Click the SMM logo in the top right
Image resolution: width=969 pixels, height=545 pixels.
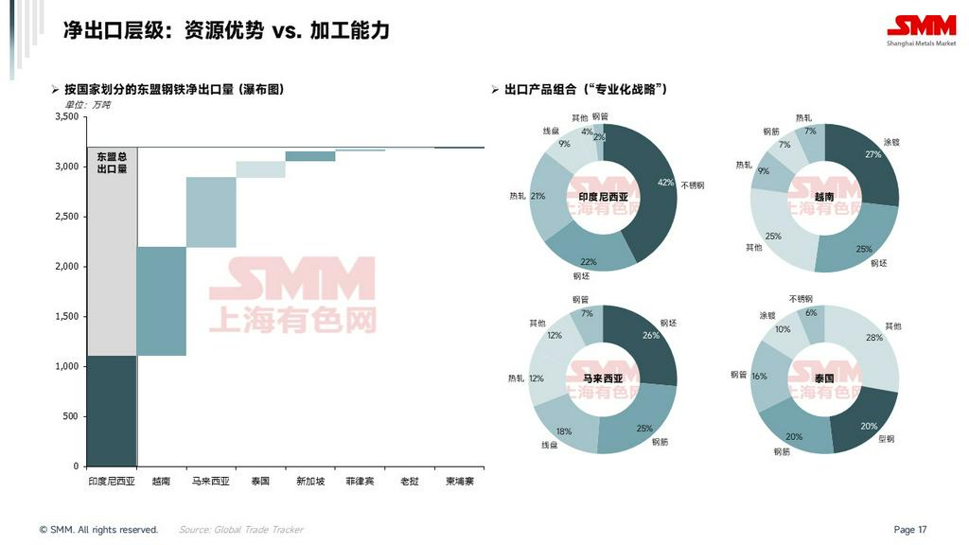tap(921, 28)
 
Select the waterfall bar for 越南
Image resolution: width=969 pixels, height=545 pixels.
tap(161, 301)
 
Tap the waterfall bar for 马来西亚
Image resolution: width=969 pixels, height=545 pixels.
tap(211, 212)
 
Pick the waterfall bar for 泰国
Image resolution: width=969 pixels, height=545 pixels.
tap(260, 169)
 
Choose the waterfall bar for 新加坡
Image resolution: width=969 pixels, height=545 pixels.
tap(310, 156)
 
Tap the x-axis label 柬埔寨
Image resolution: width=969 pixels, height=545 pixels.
tap(460, 482)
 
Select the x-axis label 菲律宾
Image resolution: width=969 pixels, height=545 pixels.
tap(360, 482)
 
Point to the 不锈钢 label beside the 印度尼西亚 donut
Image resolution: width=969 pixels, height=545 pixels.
tap(693, 185)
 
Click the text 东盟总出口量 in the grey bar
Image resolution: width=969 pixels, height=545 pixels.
tap(112, 163)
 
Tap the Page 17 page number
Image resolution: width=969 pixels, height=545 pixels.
tap(910, 530)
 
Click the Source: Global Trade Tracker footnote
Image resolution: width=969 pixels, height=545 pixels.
tap(240, 530)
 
